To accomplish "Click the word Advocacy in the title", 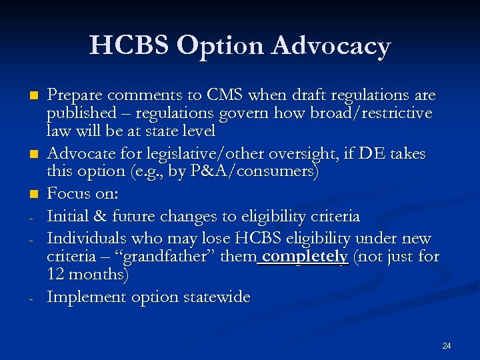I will [x=332, y=45].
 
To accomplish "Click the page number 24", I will [x=447, y=345].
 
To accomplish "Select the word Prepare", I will [x=75, y=94].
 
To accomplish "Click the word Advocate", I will [x=79, y=155].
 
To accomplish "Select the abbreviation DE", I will [x=369, y=155].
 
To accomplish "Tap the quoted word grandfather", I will [x=161, y=256].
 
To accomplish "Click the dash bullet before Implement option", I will [x=23, y=299].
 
